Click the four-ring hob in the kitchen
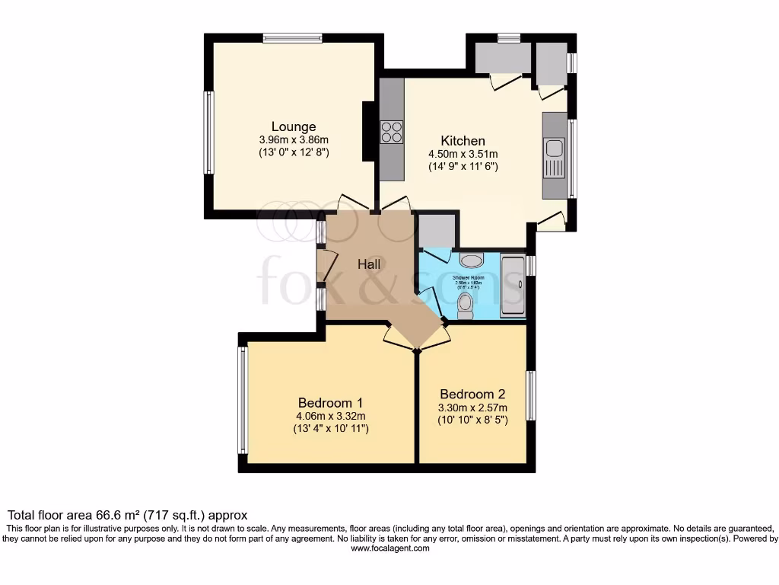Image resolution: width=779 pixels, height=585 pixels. tap(392, 132)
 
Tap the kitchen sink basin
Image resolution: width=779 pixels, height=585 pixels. tap(554, 148)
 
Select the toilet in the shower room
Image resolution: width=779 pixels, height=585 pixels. tap(466, 305)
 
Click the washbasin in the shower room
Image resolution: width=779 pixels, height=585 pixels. tap(470, 260)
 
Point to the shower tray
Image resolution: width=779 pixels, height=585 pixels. tap(511, 286)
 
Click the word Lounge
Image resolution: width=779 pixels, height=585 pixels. tap(294, 126)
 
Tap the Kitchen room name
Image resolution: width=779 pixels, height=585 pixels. tap(463, 141)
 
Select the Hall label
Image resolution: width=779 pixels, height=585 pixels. tap(370, 264)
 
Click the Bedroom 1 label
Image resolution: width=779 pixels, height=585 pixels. tap(330, 403)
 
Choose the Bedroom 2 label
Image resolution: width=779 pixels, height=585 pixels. tap(472, 395)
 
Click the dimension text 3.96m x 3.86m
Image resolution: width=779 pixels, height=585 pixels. tap(294, 140)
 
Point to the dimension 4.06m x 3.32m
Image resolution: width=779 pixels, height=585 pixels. tap(330, 416)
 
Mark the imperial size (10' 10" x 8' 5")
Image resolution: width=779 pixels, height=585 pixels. tap(472, 420)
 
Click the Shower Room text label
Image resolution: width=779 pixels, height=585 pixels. tap(468, 278)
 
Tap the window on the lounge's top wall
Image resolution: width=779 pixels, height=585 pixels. tap(292, 38)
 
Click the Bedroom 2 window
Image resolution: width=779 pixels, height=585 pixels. tap(531, 395)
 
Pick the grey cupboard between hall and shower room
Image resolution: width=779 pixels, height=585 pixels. tap(437, 231)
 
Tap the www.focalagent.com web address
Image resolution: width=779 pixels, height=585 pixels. tap(389, 548)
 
